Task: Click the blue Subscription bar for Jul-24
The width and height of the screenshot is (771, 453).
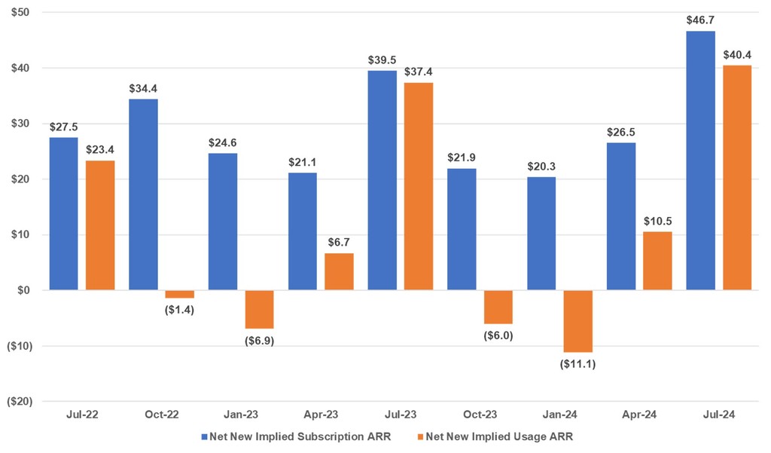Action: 700,161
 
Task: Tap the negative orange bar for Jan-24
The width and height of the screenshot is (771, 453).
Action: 578,321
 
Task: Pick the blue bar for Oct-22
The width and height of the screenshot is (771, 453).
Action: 143,194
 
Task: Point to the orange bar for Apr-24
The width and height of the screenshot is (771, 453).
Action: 657,261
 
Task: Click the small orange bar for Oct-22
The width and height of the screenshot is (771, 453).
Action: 180,294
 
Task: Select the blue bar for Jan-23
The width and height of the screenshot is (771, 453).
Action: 223,222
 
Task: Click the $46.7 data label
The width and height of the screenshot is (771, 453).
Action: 700,21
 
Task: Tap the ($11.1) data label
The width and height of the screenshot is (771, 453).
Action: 578,364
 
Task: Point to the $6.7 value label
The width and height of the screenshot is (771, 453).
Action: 339,243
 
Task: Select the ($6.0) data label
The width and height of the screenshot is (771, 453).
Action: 498,335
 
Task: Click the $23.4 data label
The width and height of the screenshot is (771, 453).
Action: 100,151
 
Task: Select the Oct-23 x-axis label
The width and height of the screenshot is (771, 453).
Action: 480,415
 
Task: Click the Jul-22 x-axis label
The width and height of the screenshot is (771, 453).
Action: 82,415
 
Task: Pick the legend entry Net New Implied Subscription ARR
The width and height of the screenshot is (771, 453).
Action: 297,436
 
